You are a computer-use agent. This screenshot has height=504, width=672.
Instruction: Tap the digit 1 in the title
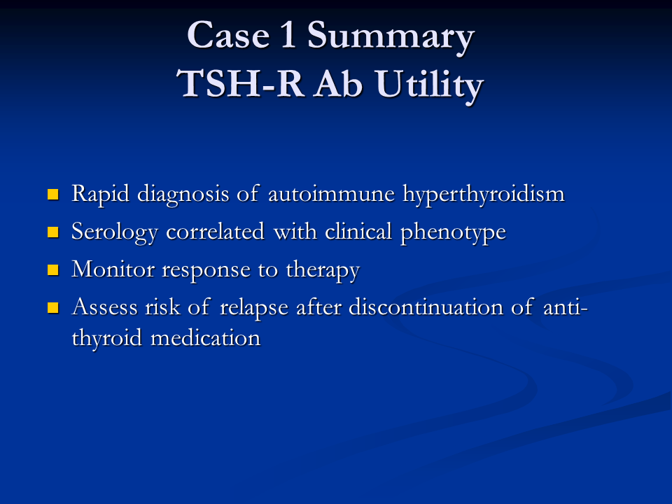(287, 34)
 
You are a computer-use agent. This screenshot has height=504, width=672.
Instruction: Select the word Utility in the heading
(429, 85)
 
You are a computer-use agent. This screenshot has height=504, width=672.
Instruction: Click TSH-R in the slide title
(240, 83)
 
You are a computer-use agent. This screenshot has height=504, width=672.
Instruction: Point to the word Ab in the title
(339, 83)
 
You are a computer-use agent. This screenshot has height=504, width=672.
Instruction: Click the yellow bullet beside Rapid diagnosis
(52, 195)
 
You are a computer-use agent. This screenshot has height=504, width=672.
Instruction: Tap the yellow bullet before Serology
(52, 232)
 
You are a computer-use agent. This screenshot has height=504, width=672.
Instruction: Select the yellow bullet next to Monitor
(52, 270)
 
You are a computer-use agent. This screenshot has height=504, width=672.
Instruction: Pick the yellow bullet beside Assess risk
(52, 308)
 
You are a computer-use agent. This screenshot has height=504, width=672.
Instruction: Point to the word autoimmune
(331, 194)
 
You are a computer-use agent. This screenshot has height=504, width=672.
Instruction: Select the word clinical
(358, 232)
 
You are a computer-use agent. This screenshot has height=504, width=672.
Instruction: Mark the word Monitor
(113, 269)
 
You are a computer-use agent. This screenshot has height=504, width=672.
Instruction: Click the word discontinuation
(426, 307)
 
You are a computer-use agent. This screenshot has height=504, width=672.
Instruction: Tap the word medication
(206, 338)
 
